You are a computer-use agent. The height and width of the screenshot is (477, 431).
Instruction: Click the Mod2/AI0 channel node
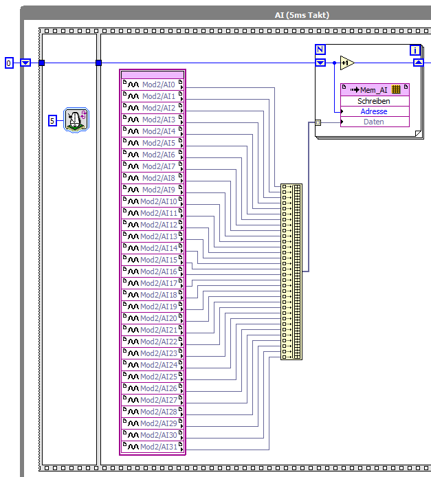click(x=153, y=85)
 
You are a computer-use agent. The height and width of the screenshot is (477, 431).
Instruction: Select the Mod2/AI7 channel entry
click(x=153, y=166)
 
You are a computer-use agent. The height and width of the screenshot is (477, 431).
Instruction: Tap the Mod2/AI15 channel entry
click(x=153, y=260)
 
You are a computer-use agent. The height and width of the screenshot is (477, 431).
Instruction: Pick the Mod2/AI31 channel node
click(x=153, y=447)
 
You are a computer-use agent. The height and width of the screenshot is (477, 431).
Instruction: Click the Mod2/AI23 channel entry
click(x=153, y=353)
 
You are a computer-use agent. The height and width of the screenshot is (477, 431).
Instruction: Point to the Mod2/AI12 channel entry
click(x=153, y=225)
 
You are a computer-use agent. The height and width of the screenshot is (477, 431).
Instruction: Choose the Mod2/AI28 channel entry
click(x=153, y=412)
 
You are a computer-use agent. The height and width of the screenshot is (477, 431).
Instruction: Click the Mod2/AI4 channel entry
click(x=153, y=131)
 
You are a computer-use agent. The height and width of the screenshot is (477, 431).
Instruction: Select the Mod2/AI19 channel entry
click(x=153, y=307)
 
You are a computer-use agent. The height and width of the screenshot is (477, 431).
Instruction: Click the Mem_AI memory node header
click(x=375, y=89)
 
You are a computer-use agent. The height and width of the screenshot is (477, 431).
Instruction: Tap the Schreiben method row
click(x=375, y=101)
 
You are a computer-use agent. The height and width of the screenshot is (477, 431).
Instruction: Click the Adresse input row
click(x=375, y=111)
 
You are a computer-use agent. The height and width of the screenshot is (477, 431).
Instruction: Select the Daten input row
click(x=375, y=122)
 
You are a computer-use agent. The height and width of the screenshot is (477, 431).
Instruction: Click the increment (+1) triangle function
click(x=347, y=63)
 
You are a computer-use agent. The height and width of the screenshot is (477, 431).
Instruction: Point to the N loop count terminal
click(x=320, y=49)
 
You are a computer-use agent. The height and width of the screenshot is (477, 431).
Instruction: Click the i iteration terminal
click(x=415, y=50)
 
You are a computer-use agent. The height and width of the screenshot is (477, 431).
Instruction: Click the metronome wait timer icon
click(x=76, y=120)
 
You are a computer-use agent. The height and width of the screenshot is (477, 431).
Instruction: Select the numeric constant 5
click(x=52, y=121)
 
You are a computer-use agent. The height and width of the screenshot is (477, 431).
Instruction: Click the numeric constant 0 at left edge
click(x=9, y=63)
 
